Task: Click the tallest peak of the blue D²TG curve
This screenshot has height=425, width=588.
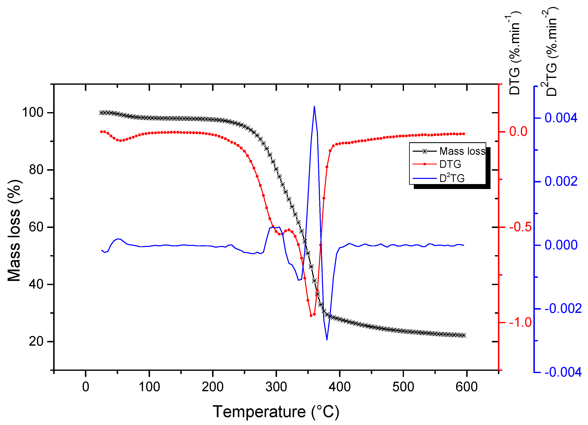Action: click(x=314, y=106)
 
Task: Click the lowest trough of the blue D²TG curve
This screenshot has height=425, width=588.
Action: click(x=327, y=340)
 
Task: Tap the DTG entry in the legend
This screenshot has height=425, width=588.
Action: click(x=450, y=164)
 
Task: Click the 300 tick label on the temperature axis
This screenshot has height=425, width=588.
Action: click(x=276, y=387)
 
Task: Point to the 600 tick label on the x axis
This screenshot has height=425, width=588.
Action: click(x=466, y=387)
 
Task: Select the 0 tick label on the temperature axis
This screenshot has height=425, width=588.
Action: click(x=86, y=387)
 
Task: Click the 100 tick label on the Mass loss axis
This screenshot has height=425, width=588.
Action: click(x=33, y=113)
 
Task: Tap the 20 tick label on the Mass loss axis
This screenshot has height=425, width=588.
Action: click(x=36, y=342)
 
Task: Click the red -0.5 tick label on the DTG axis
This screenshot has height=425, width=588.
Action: click(x=520, y=227)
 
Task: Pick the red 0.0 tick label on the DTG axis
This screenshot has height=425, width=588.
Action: click(x=518, y=131)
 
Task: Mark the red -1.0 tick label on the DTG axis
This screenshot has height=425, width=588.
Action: click(x=520, y=322)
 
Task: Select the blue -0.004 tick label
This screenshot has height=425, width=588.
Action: click(x=563, y=372)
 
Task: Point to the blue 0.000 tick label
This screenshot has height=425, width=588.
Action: click(x=561, y=245)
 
